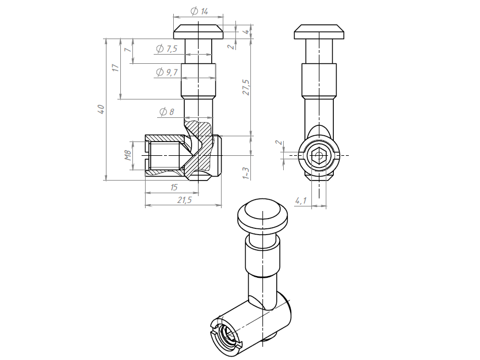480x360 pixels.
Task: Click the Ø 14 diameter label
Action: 199,12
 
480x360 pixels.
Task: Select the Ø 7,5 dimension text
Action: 166,48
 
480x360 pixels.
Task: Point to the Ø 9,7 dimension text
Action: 167,72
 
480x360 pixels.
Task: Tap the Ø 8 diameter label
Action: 167,112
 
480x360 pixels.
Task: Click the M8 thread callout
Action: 128,155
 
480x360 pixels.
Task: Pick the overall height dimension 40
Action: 101,109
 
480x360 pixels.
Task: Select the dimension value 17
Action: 115,68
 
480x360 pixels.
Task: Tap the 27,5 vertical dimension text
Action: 246,87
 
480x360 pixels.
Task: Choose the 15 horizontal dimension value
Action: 174,187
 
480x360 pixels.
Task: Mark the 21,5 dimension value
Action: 184,200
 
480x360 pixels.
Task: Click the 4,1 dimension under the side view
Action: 300,201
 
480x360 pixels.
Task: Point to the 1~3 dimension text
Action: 246,173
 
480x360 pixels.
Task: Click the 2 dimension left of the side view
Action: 278,143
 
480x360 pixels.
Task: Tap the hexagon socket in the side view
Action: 319,155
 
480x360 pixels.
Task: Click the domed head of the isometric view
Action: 262,215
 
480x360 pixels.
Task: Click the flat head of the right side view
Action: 319,32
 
